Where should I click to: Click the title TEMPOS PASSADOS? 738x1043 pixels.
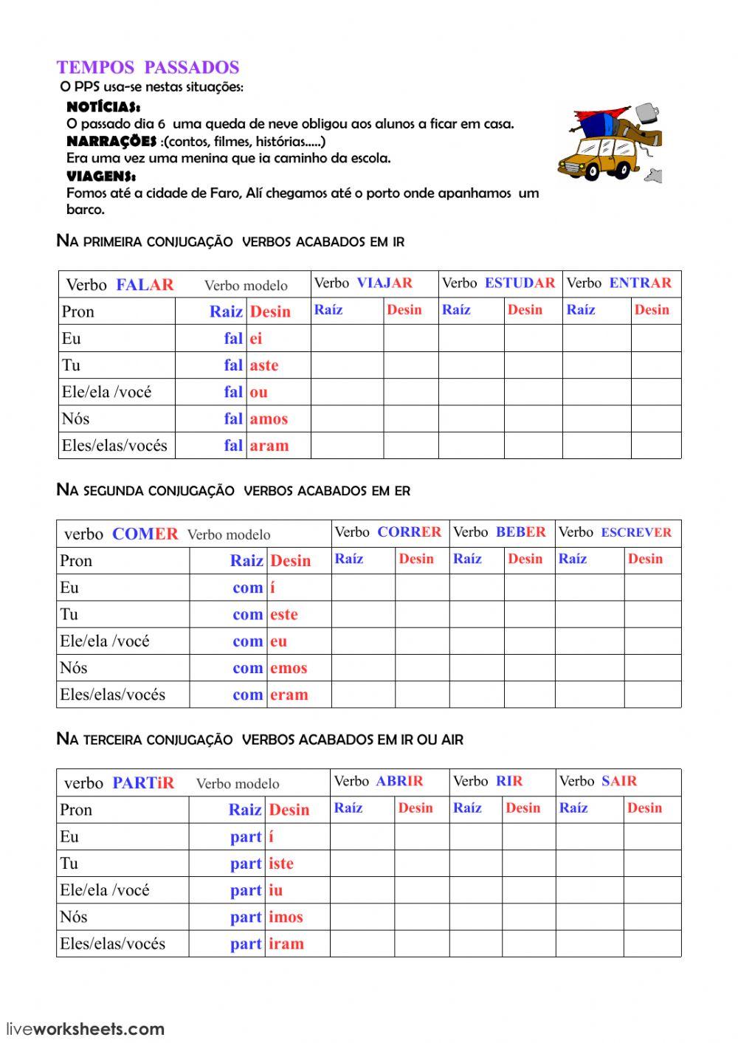pyautogui.click(x=148, y=67)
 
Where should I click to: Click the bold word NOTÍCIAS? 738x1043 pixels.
pyautogui.click(x=103, y=107)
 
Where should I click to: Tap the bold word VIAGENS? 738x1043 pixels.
pyautogui.click(x=101, y=176)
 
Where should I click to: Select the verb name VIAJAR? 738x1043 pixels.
pyautogui.click(x=384, y=283)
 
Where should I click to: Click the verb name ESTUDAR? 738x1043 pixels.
pyautogui.click(x=520, y=283)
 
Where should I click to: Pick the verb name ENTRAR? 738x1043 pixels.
pyautogui.click(x=640, y=283)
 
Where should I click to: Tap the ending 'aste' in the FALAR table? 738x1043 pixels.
pyautogui.click(x=264, y=365)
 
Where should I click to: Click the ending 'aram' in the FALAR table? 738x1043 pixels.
pyautogui.click(x=269, y=445)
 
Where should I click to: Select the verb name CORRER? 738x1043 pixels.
pyautogui.click(x=409, y=531)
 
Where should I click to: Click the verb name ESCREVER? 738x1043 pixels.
pyautogui.click(x=636, y=532)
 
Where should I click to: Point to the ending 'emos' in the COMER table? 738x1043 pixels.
pyautogui.click(x=289, y=668)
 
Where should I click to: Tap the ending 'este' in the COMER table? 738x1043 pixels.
pyautogui.click(x=284, y=614)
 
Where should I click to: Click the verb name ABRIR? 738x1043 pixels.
pyautogui.click(x=399, y=781)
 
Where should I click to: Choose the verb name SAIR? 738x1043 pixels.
pyautogui.click(x=618, y=781)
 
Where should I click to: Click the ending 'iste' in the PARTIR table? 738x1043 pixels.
pyautogui.click(x=281, y=864)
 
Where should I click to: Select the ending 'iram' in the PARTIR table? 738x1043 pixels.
pyautogui.click(x=286, y=943)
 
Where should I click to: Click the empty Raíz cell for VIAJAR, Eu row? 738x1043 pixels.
pyautogui.click(x=347, y=338)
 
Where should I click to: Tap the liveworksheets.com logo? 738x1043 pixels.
pyautogui.click(x=85, y=1028)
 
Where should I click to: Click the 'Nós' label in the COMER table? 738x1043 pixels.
pyautogui.click(x=74, y=668)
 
